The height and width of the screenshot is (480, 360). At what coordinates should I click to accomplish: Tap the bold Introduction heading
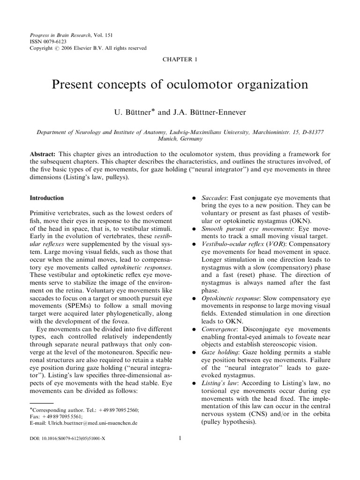pyautogui.click(x=47, y=198)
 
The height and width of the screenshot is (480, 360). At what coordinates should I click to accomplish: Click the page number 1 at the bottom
pyautogui.click(x=180, y=439)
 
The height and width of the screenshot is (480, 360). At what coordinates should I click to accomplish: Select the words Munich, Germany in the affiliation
pyautogui.click(x=180, y=139)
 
